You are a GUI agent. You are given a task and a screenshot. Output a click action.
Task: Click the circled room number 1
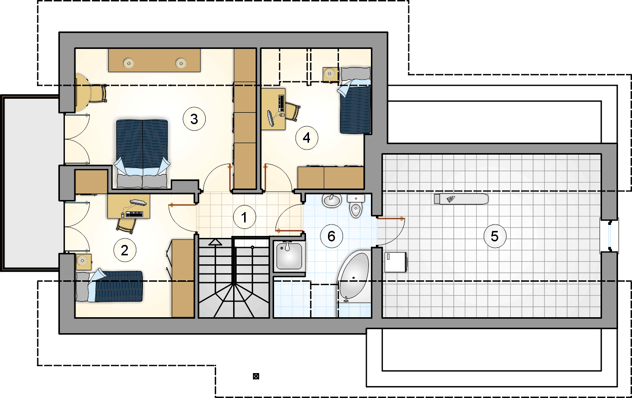[x=245, y=217]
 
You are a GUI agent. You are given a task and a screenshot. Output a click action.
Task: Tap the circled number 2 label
[x=125, y=250]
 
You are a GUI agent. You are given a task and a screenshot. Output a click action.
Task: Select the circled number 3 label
[x=194, y=119]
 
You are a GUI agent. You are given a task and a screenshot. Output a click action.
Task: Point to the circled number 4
[x=307, y=138]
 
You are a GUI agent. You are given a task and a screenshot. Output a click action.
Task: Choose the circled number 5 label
[x=495, y=236]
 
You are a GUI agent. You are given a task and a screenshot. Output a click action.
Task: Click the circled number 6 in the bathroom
[x=331, y=236]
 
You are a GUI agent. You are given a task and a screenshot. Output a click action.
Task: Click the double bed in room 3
[x=142, y=154]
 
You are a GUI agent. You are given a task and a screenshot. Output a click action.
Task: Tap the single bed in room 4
[x=354, y=100]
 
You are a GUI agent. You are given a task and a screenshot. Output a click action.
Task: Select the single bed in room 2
[x=109, y=286]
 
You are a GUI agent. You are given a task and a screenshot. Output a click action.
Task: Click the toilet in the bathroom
[x=356, y=206]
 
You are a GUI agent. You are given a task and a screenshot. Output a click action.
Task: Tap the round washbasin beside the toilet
[x=332, y=200]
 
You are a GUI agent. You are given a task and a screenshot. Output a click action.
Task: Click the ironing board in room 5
[x=461, y=199]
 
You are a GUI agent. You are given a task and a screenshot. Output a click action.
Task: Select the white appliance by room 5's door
[x=395, y=262]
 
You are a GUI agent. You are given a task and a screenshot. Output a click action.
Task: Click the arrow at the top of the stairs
[x=215, y=242]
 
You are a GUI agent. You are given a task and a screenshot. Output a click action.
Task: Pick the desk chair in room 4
[x=293, y=112]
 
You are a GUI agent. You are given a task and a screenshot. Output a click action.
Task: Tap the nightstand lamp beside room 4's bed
[x=329, y=74]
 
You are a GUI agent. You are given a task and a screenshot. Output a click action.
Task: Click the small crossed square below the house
[x=256, y=376]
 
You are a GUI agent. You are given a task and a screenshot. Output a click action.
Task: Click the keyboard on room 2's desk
[x=134, y=214]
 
